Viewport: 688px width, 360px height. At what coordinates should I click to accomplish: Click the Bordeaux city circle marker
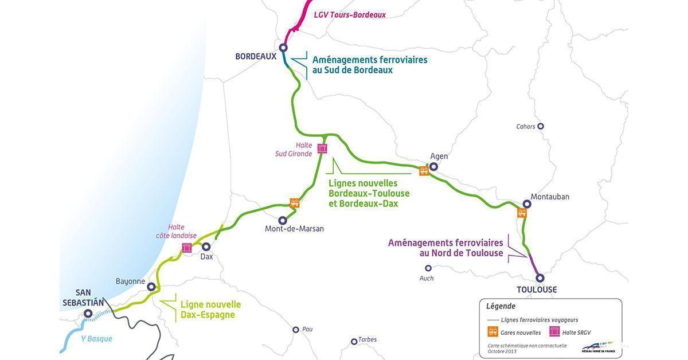point(283,48)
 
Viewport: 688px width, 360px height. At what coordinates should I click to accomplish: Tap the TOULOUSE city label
point(537,290)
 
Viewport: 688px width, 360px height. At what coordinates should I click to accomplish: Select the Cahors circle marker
point(540,126)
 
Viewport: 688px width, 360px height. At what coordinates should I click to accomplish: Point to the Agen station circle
point(434,167)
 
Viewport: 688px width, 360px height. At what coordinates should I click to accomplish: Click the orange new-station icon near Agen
point(424,170)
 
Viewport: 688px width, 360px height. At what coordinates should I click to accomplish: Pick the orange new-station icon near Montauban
point(522,213)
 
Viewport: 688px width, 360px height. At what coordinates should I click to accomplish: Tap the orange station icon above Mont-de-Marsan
point(295,203)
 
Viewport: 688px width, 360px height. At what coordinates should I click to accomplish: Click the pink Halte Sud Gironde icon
point(322,148)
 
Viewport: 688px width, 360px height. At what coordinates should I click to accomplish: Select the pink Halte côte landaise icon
point(187,248)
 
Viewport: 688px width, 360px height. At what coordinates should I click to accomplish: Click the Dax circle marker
point(206,246)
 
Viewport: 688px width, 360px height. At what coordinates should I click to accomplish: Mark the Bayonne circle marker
point(151,287)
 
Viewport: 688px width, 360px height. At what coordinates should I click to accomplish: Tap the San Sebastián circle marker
point(88,314)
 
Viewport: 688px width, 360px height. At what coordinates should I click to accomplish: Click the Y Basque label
point(96,339)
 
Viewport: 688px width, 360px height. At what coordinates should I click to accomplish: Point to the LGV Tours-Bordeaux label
point(350,15)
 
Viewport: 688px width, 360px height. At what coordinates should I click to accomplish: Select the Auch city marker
point(428,268)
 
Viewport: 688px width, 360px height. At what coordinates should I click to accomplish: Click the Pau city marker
point(296,330)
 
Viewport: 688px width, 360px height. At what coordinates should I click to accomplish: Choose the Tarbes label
point(368,339)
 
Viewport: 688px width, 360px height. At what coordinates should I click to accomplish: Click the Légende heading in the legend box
point(501,306)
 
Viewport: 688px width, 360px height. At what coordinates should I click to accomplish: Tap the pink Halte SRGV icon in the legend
point(554,331)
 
